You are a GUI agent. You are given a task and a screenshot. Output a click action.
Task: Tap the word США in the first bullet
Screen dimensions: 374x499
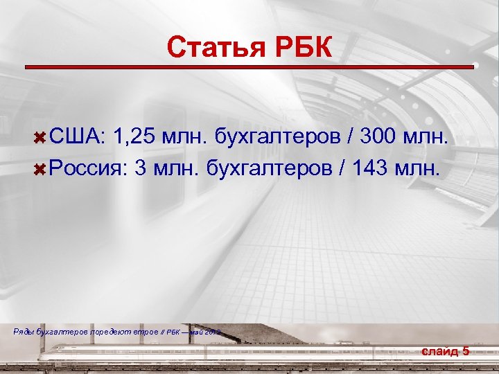76,137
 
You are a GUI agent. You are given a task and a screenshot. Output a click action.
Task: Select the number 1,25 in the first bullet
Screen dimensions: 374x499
135,137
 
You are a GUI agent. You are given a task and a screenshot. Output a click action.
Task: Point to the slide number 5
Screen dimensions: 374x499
466,351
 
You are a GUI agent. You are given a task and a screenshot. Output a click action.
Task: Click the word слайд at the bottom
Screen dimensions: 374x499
439,351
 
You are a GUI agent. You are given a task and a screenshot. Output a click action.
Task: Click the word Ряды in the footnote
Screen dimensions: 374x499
23,332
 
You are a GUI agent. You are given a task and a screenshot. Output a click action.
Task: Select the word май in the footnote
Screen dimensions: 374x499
196,332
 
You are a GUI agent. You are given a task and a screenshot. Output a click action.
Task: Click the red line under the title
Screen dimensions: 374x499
249,66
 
